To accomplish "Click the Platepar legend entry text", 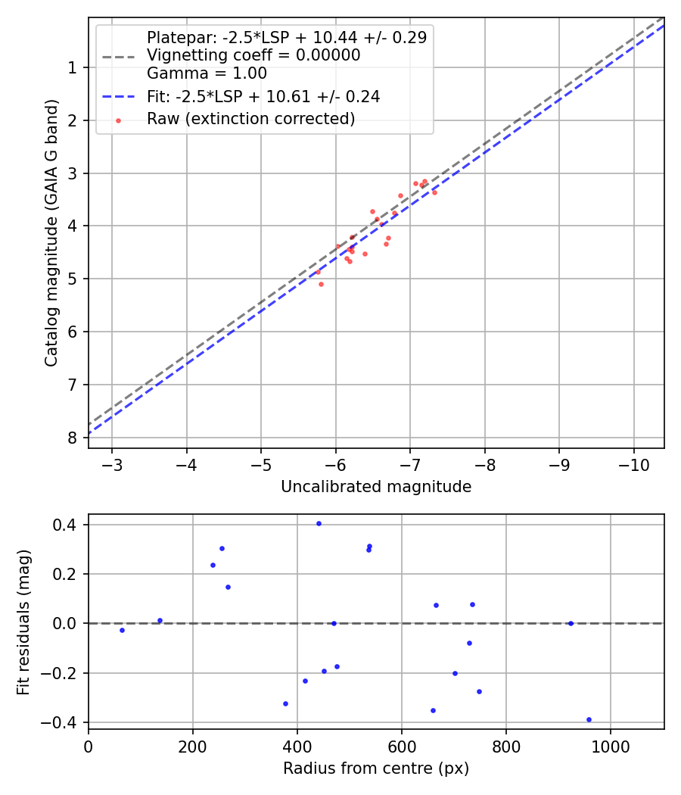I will point(286,37).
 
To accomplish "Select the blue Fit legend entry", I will point(263,97).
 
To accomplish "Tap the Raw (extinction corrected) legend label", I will point(250,119).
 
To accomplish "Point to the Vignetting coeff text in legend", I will point(253,55).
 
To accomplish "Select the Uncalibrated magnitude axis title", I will point(376,487).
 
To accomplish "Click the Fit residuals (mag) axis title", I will point(24,622).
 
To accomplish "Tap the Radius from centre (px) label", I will point(376,768).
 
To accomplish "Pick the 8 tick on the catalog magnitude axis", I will point(72,438).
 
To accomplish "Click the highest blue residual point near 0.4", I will point(319,523).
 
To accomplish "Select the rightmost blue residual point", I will point(589,719).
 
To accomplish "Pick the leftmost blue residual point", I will point(122,630).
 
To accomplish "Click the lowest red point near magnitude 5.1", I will point(321,284).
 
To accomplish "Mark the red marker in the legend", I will point(118,120).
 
